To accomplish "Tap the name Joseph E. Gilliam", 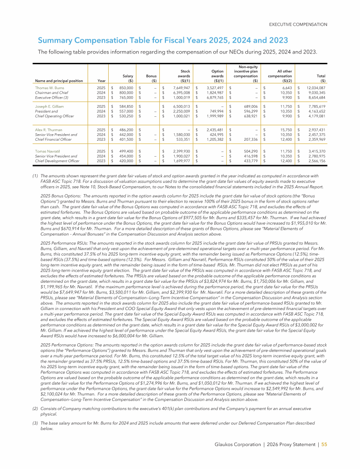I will coord(49,106).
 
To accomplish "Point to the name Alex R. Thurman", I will coord(48,129).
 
